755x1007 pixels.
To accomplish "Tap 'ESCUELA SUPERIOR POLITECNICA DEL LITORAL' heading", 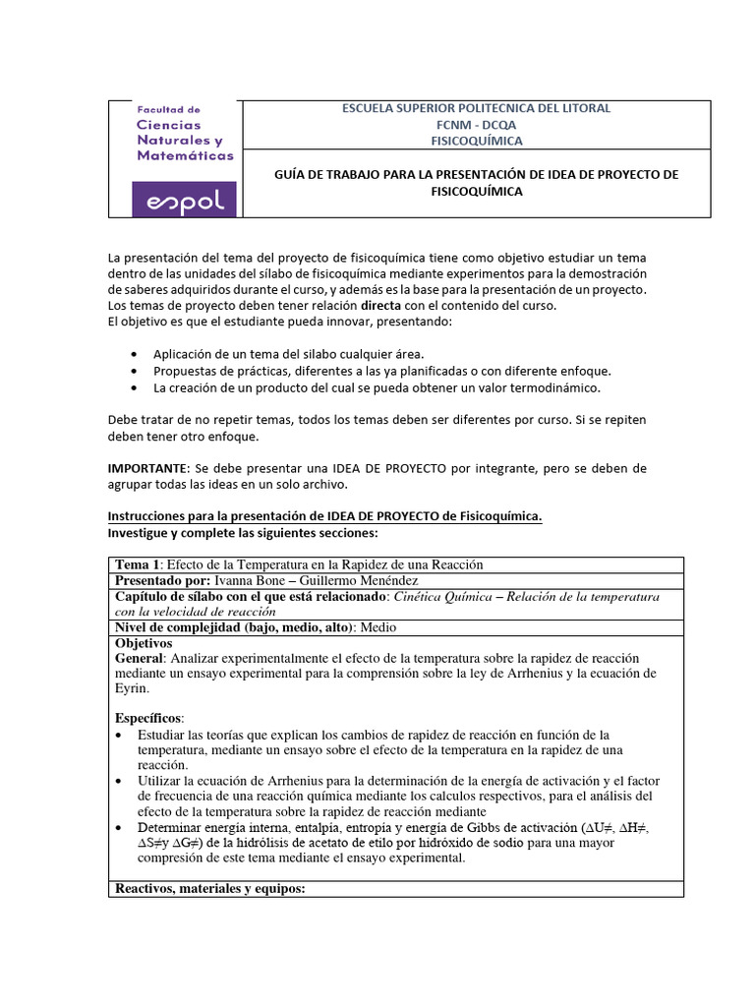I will point(476,108).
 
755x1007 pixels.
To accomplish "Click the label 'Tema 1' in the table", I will point(138,564).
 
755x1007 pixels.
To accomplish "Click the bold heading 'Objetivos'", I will point(144,643).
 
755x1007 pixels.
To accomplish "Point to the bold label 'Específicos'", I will point(148,717).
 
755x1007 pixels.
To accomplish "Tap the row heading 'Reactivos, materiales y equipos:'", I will point(210,889).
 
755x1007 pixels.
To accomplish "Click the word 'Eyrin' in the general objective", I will point(133,688).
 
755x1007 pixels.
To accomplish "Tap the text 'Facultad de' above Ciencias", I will point(168,110).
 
